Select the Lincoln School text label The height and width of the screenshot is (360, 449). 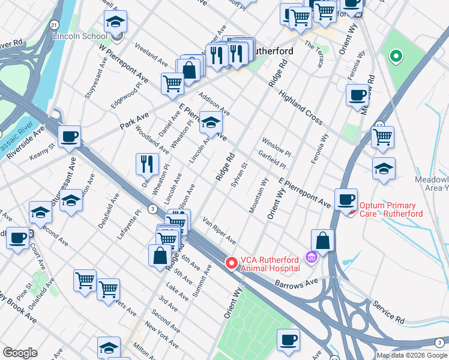click(x=80, y=36)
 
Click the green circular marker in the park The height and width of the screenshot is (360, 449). click(x=396, y=58)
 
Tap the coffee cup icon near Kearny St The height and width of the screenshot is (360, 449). click(x=70, y=137)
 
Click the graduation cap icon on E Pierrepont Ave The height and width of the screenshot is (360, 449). click(x=210, y=123)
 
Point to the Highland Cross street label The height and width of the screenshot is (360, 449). click(x=300, y=107)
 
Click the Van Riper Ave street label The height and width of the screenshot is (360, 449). click(x=219, y=231)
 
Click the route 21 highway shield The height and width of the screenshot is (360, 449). click(x=53, y=25)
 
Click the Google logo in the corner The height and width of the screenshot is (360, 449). click(x=20, y=353)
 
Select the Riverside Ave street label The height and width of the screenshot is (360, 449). click(x=26, y=142)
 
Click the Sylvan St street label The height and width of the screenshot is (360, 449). click(x=239, y=174)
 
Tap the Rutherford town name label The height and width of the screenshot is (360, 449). click(x=270, y=52)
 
